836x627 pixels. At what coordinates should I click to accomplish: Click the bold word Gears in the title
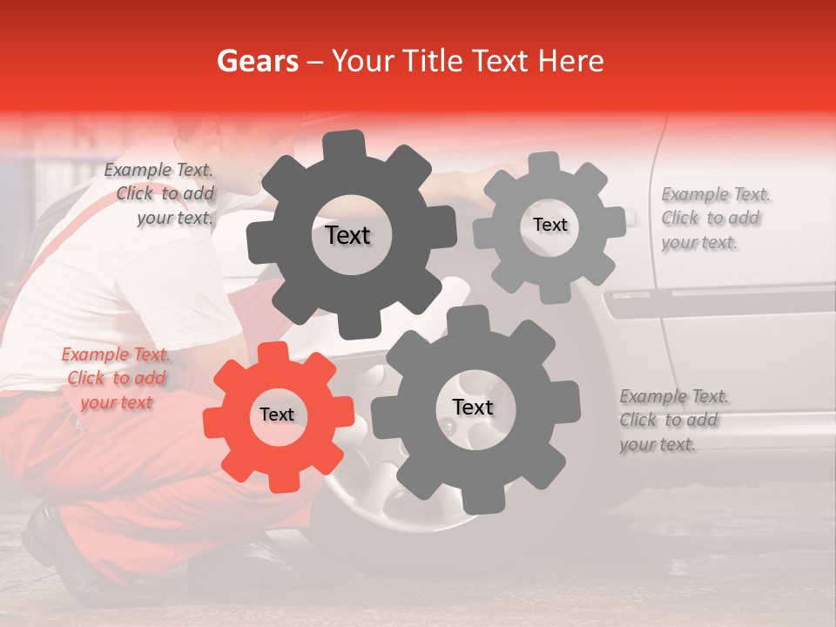pos(257,61)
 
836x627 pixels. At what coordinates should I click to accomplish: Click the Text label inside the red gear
pos(277,415)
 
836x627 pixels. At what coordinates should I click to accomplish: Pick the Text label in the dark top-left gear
pos(347,235)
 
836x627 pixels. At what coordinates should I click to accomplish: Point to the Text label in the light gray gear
pos(549,225)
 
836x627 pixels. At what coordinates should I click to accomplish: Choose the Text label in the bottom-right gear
pos(473,408)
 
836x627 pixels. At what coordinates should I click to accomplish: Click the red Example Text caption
pos(115,379)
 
